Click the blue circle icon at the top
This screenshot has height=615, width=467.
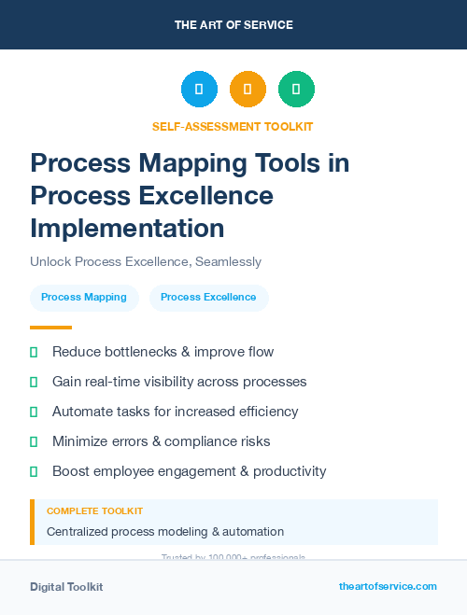[x=199, y=89]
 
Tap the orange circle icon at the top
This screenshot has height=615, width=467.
[x=248, y=89]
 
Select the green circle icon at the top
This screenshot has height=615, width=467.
[x=296, y=89]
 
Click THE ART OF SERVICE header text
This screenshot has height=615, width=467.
[x=233, y=25]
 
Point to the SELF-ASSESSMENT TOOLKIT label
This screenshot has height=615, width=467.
[x=233, y=126]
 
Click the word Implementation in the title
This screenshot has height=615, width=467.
[x=127, y=228]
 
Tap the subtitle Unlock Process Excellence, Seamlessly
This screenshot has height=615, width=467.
[x=146, y=262]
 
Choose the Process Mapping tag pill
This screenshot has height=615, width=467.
[x=84, y=298]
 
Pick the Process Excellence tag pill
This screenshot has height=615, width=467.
[x=208, y=298]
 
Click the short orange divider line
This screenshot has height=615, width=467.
[x=50, y=328]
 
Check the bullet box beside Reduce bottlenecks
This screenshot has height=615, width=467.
[x=34, y=352]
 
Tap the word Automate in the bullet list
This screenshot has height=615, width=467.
[x=80, y=412]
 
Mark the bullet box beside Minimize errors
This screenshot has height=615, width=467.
[x=34, y=441]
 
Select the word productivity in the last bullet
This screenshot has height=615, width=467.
[x=285, y=471]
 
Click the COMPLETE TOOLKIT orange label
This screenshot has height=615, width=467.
[x=94, y=511]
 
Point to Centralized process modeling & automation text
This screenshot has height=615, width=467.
[x=165, y=532]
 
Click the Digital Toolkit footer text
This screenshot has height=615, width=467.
[x=66, y=587]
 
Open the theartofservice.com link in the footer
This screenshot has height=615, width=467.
[x=388, y=586]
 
